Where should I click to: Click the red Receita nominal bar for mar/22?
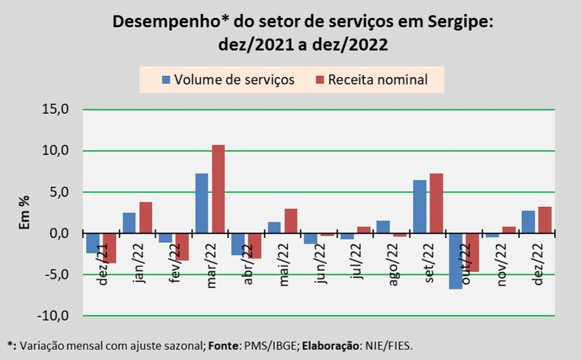pos(218,189)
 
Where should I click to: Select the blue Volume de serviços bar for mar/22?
pos(202,203)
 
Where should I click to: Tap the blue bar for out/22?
pos(455,261)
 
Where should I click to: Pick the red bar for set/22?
pos(436,203)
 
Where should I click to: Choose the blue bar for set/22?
pos(420,206)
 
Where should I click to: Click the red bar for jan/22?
pos(146,218)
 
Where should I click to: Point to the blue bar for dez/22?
pos(528,222)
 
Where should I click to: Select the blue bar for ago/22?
pos(383,227)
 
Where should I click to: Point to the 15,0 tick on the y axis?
pos(56,110)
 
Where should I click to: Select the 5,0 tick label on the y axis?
pos(59,192)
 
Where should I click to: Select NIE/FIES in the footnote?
pos(392,346)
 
